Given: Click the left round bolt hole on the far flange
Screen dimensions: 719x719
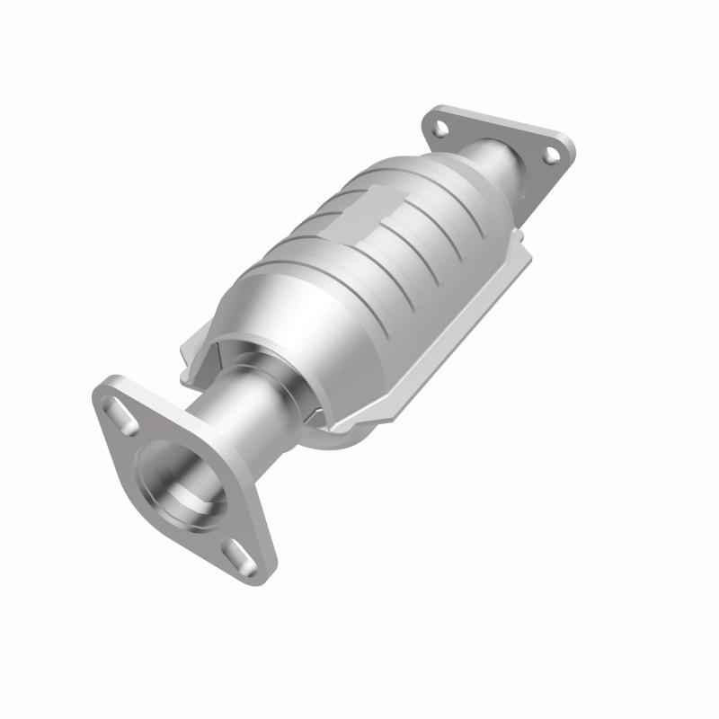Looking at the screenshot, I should (x=439, y=129).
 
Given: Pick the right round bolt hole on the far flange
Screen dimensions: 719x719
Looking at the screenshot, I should (x=550, y=155).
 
